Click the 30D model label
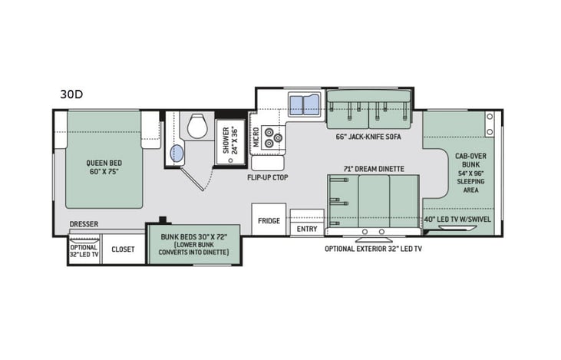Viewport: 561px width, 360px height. click(71, 94)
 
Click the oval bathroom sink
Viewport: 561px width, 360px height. click(177, 153)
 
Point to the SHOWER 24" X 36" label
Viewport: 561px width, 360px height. click(231, 140)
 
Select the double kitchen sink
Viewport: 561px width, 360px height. click(305, 105)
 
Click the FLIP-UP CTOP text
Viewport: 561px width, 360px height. click(267, 177)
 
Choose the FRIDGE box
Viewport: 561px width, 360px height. click(269, 220)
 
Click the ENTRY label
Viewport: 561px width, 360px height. click(306, 228)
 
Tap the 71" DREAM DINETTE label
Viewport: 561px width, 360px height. click(374, 168)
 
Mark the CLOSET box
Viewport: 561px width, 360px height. click(123, 249)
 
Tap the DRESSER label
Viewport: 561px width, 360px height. click(83, 225)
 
